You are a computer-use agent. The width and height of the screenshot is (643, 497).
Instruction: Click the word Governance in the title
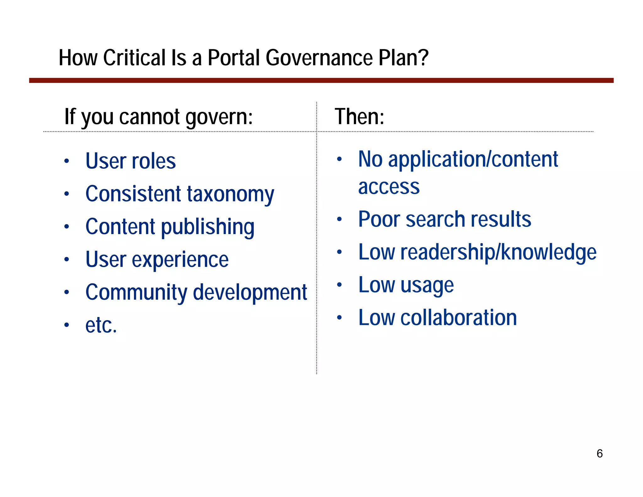click(x=319, y=58)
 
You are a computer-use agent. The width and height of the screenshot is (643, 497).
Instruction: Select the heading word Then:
click(x=359, y=117)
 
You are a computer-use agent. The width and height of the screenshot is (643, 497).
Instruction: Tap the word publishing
click(x=208, y=227)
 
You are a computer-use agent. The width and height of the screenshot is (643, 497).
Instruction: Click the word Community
click(x=136, y=292)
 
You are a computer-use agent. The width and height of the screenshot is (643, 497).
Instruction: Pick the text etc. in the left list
click(x=101, y=325)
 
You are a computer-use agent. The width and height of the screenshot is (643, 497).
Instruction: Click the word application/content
click(x=473, y=160)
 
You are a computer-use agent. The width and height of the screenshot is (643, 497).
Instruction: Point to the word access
click(x=389, y=187)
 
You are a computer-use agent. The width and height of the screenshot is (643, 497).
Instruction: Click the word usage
click(x=427, y=285)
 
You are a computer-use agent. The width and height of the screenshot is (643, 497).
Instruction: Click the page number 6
click(x=599, y=454)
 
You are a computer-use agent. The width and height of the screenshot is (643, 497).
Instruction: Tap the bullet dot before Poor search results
click(x=339, y=219)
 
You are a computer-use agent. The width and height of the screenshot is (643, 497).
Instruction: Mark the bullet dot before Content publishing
click(x=67, y=227)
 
